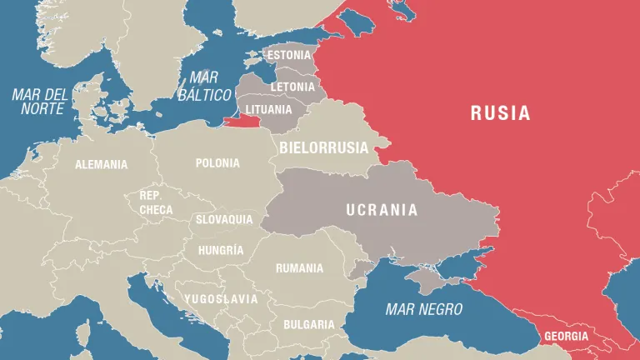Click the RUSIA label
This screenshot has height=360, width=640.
coord(500,113)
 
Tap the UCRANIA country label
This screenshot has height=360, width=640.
coord(382,210)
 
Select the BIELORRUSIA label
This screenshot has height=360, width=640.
coord(323,147)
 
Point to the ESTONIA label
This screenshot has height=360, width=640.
coord(289,56)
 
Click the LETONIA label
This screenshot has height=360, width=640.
coord(292,87)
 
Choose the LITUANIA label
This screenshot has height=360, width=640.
coord(268,109)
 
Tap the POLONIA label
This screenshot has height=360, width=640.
coord(217,163)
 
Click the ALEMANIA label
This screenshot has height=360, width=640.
coord(102,164)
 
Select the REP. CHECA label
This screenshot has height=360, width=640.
coord(156,203)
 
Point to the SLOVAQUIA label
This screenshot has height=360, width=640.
coord(223,220)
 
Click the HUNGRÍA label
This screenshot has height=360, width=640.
coord(221,250)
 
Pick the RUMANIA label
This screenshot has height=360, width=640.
coord(299,268)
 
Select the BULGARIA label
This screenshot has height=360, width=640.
coord(308,324)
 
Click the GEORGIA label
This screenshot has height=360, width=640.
coord(566,337)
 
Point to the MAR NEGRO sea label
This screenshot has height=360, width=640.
coord(423,309)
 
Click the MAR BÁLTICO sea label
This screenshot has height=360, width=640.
coord(204,87)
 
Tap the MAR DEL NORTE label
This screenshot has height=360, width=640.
coord(38,101)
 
